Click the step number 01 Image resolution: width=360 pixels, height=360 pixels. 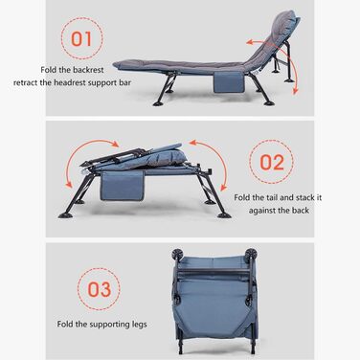coord(81,39)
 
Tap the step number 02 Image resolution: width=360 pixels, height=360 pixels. coord(272,162)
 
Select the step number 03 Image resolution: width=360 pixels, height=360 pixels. coord(100,289)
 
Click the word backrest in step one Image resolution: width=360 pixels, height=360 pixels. coord(88,70)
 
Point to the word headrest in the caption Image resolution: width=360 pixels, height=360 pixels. coord(70,82)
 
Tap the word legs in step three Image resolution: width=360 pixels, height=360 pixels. coord(140,325)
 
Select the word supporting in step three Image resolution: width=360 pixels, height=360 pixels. coord(109,325)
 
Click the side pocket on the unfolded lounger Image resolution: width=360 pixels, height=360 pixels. coord(228,82)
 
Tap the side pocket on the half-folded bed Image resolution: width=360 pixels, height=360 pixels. coord(123,186)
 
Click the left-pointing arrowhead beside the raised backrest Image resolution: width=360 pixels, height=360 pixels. coord(250,42)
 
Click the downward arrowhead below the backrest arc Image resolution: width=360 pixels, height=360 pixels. coord(295,91)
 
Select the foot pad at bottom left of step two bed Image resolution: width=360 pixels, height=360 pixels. coord(66,215)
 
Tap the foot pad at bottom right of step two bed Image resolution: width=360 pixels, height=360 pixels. coord(223,215)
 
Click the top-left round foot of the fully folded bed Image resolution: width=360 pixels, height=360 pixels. coord(177,254)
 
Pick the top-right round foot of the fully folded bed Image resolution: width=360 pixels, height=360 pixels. coord(252,254)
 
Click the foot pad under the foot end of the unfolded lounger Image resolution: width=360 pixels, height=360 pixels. coord(160,103)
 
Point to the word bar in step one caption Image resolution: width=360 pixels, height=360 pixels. coord(125,82)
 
